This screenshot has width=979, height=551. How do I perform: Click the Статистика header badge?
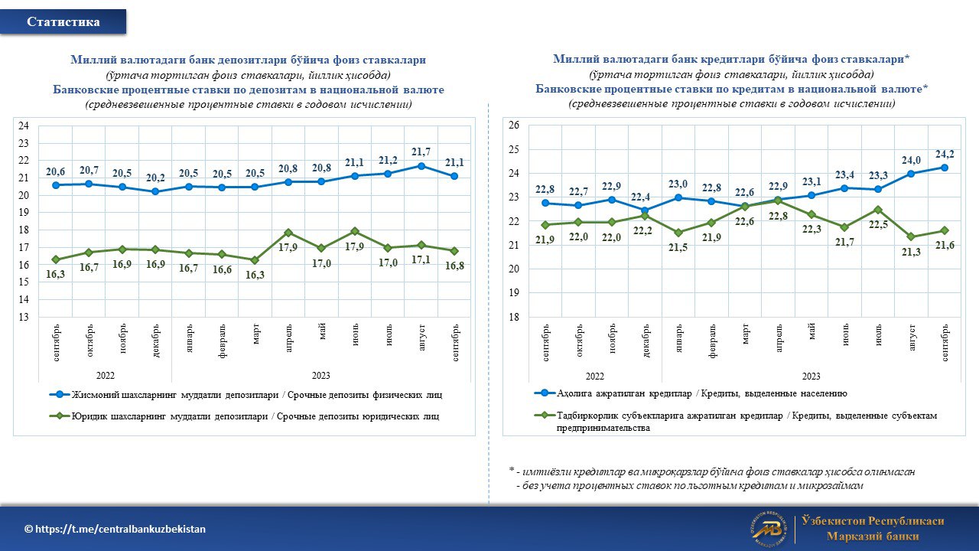tap(63, 21)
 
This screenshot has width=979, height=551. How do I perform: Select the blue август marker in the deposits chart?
tap(421, 166)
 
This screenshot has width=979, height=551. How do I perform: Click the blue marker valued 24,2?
tap(945, 168)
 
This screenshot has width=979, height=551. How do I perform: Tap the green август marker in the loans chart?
tap(911, 236)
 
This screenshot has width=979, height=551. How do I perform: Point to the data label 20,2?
tap(155, 178)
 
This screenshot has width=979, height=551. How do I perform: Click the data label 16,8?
tap(454, 266)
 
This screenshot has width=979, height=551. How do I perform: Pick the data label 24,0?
tap(911, 161)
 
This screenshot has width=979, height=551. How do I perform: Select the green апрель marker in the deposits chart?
tap(288, 233)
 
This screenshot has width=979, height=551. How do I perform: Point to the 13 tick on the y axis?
tap(23, 317)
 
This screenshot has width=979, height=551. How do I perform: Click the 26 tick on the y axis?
tap(514, 125)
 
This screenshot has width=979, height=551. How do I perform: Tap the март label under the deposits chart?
tap(255, 334)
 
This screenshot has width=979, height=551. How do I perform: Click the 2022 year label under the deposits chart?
tap(106, 376)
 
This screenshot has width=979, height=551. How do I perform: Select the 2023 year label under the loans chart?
tap(811, 376)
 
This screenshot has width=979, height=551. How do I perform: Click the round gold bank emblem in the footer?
tap(769, 530)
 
